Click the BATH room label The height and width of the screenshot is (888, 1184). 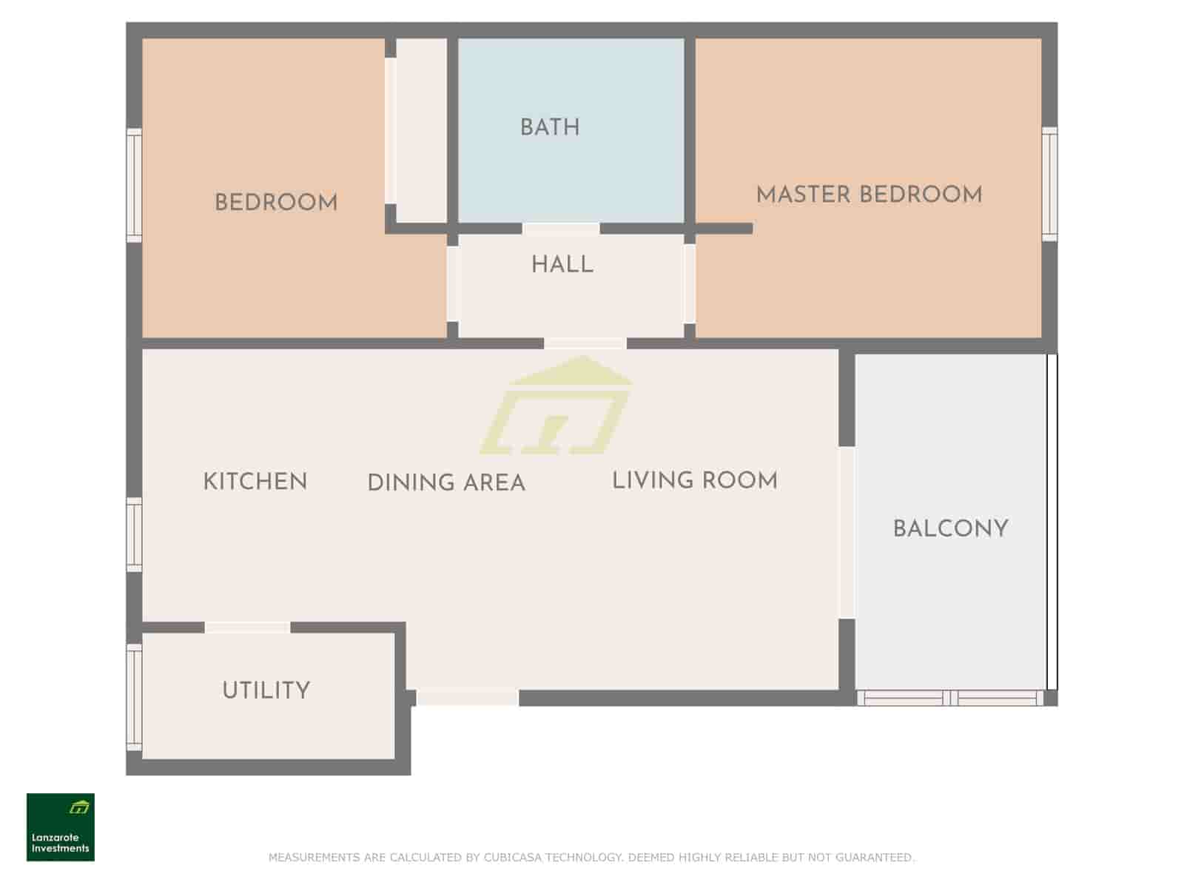tap(550, 128)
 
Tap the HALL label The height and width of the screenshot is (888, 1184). tap(562, 265)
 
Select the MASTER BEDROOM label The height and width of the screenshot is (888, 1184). tap(869, 195)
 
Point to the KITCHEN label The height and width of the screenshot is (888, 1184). tap(255, 482)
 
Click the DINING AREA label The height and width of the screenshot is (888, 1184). tap(446, 482)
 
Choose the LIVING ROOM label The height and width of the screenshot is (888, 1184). tap(695, 480)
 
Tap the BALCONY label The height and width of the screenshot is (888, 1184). tap(950, 528)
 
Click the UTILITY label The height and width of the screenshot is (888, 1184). tap(266, 690)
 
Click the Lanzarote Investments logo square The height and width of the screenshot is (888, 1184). tap(61, 827)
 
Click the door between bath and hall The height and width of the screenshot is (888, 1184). tap(561, 229)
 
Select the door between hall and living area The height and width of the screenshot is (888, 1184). tap(585, 343)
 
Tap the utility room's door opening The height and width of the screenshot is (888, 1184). tap(248, 627)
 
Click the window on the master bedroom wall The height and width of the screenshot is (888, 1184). tap(1049, 184)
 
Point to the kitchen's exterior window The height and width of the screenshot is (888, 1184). tap(135, 534)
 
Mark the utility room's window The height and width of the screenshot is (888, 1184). tap(135, 697)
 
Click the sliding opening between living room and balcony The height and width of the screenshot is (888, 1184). tap(847, 532)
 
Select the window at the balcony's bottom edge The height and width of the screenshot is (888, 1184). tap(950, 698)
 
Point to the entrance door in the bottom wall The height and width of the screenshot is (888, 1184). tap(468, 698)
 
